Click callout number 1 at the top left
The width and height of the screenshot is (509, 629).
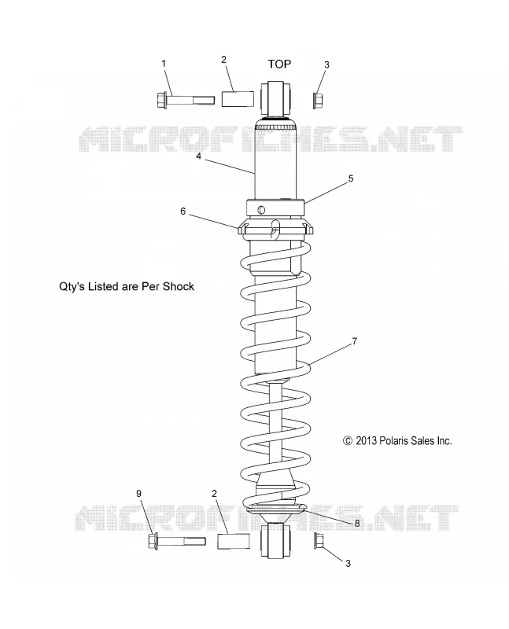[x=164, y=64]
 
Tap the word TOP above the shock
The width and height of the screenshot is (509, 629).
[x=279, y=64]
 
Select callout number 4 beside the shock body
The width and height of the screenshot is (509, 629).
[x=198, y=156]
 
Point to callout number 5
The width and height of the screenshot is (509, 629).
[x=350, y=178]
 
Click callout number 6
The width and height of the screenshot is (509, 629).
[x=183, y=212]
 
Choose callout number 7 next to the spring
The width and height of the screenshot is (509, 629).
[x=355, y=341]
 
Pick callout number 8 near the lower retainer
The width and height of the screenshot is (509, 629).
[x=357, y=524]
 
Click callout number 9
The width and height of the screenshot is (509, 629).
[x=139, y=494]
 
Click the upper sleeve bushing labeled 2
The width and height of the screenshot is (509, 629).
[x=238, y=100]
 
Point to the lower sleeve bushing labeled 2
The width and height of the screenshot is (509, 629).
[x=233, y=541]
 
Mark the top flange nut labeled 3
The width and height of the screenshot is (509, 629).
[x=318, y=101]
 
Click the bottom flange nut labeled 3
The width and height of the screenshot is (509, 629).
[x=319, y=541]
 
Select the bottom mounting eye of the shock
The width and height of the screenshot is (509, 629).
[x=276, y=540]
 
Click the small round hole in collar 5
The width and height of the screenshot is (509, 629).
[x=261, y=209]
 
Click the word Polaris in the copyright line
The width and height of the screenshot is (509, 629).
[x=393, y=441]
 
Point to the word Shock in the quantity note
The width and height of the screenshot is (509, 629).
[x=179, y=286]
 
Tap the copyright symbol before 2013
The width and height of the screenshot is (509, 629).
[x=348, y=441]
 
